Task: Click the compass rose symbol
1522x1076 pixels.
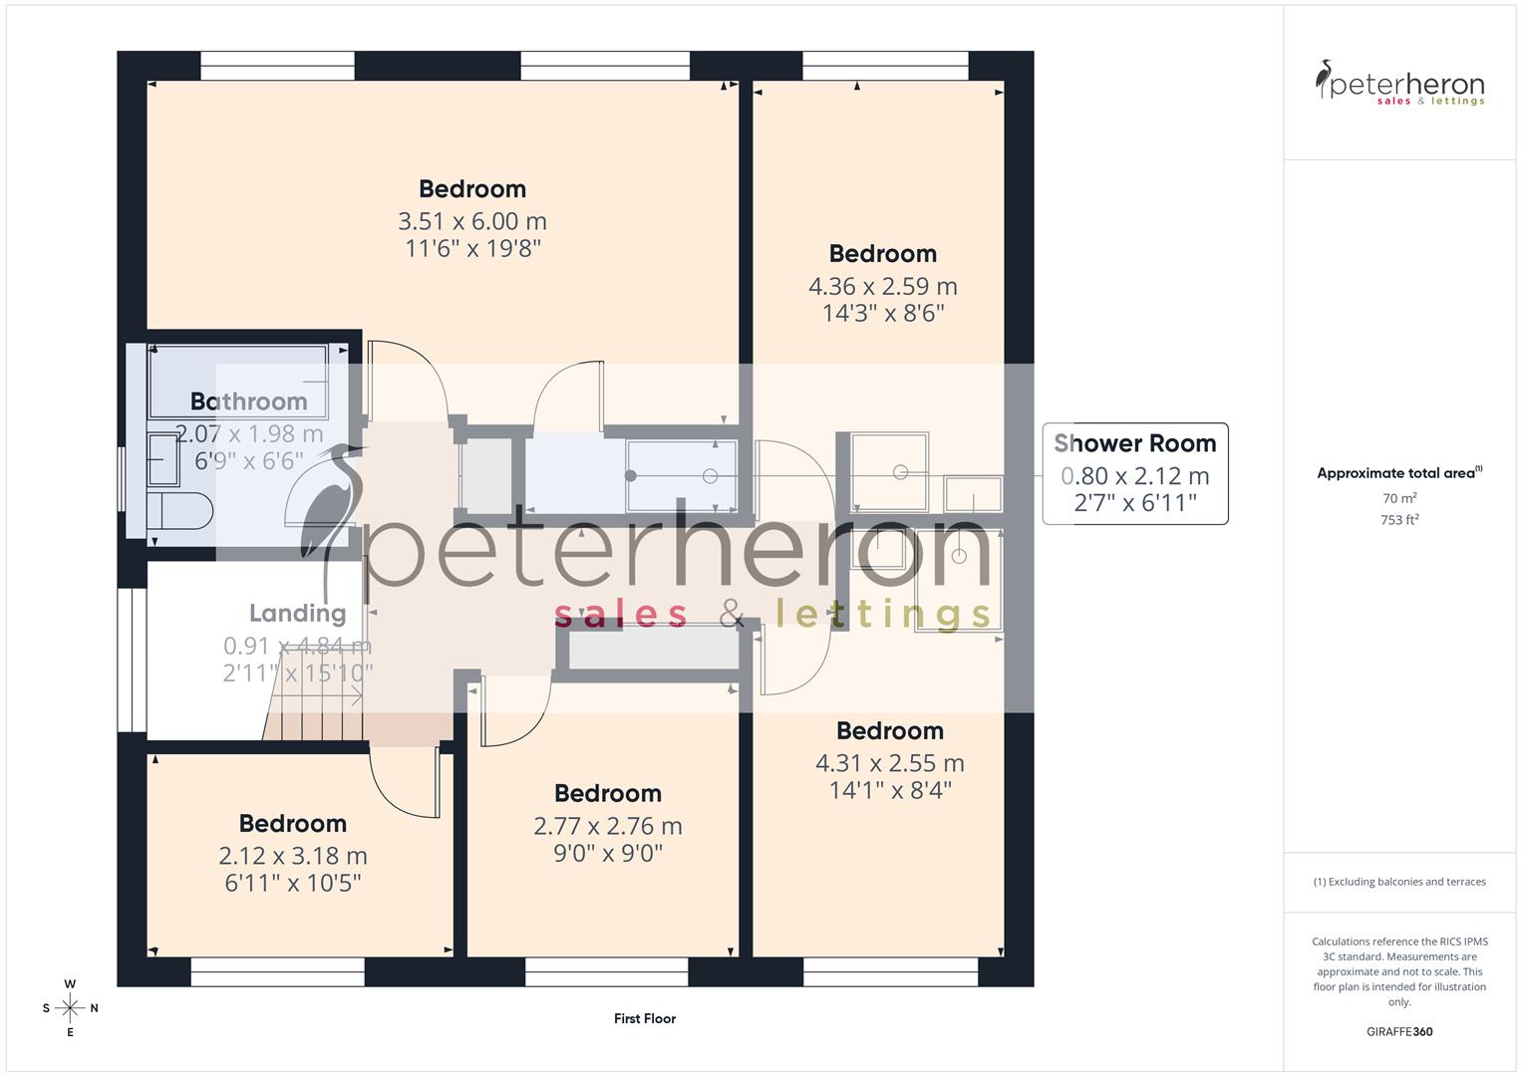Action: (x=70, y=1008)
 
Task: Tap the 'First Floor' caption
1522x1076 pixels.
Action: (x=645, y=1018)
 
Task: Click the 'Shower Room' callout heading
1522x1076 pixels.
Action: (x=1134, y=443)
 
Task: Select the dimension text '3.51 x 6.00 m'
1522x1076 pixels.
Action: (x=472, y=221)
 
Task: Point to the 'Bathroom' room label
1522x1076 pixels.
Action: (x=249, y=402)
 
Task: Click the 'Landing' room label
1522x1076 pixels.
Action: (x=297, y=613)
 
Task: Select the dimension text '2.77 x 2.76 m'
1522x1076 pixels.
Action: (x=608, y=826)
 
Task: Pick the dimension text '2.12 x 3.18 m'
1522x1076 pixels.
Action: (x=293, y=856)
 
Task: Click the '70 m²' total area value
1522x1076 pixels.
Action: (x=1399, y=498)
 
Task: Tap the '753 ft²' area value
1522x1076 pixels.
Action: (x=1399, y=520)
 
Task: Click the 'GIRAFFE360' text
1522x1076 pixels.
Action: (x=1399, y=1031)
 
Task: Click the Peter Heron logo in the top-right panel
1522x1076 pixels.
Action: (x=1399, y=84)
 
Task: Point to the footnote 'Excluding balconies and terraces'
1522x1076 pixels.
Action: (x=1399, y=882)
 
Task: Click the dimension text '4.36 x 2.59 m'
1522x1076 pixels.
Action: (x=882, y=287)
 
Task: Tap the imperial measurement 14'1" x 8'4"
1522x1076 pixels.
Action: (x=890, y=790)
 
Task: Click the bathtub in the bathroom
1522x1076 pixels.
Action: (x=237, y=381)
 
